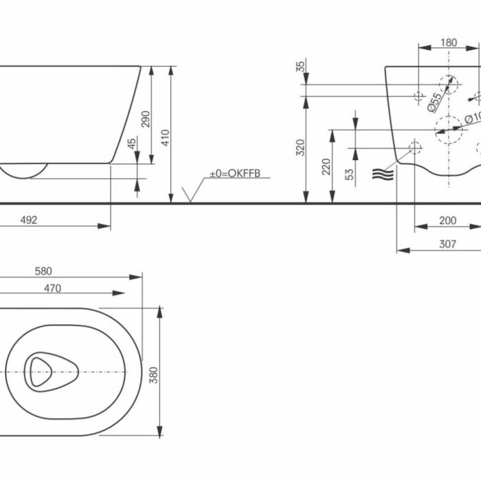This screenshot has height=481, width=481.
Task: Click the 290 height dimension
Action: click(145, 120)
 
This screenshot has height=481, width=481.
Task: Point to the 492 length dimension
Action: click(28, 220)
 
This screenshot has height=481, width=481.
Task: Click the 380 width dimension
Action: click(154, 374)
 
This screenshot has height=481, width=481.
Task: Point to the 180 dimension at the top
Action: click(447, 43)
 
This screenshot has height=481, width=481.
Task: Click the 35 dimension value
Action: click(300, 67)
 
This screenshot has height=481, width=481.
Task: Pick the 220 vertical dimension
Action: click(327, 166)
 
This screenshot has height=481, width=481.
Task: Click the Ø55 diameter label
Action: click(434, 100)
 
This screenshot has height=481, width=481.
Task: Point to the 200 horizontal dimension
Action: click(447, 220)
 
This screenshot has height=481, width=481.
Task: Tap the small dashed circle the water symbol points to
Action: click(415, 146)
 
